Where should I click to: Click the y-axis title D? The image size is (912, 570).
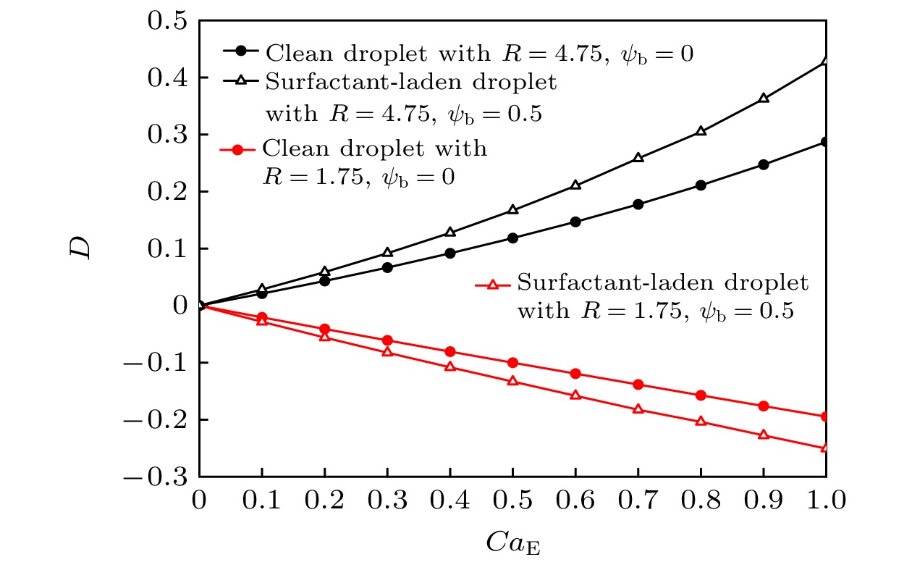tap(84, 248)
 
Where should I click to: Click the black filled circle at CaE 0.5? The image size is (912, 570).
tap(512, 238)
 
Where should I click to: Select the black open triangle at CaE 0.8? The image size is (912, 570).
tap(701, 131)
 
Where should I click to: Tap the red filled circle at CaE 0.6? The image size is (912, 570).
tap(575, 374)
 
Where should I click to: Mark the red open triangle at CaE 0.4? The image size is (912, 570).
tap(450, 366)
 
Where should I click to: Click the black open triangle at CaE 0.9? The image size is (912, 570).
tap(763, 98)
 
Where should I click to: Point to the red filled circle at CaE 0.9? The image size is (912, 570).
tap(763, 406)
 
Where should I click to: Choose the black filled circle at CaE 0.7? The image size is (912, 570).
tap(638, 204)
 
